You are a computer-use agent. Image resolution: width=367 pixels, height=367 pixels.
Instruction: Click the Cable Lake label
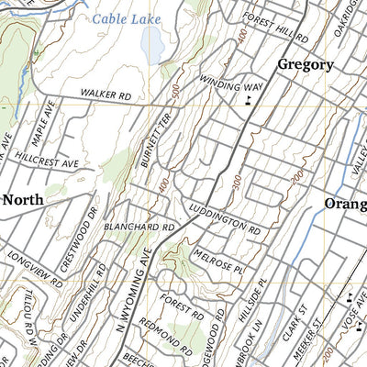click(x=126, y=18)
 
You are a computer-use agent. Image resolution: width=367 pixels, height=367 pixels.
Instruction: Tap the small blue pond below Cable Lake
click(x=154, y=40)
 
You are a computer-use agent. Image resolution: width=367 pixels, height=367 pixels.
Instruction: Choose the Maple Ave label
click(x=43, y=120)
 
